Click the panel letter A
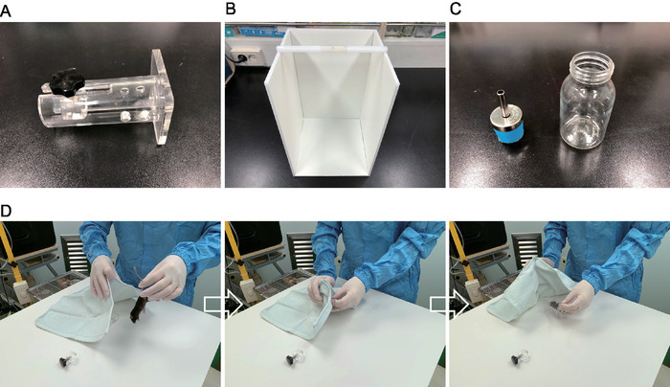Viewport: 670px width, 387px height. pos(6,11)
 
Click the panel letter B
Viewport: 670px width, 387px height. pos(231,9)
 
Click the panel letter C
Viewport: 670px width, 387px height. pos(456,9)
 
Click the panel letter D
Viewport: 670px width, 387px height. pos(6,211)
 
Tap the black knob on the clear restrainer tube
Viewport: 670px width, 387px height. pos(67,80)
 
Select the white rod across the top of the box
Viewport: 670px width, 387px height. pos(332,50)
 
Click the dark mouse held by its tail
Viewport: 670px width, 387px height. pos(139,309)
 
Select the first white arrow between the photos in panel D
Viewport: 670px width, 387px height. pos(223,304)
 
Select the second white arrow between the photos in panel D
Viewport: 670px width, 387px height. pos(449,304)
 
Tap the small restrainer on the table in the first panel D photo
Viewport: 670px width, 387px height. pos(68,359)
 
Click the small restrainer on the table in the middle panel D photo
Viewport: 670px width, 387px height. pos(295,358)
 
